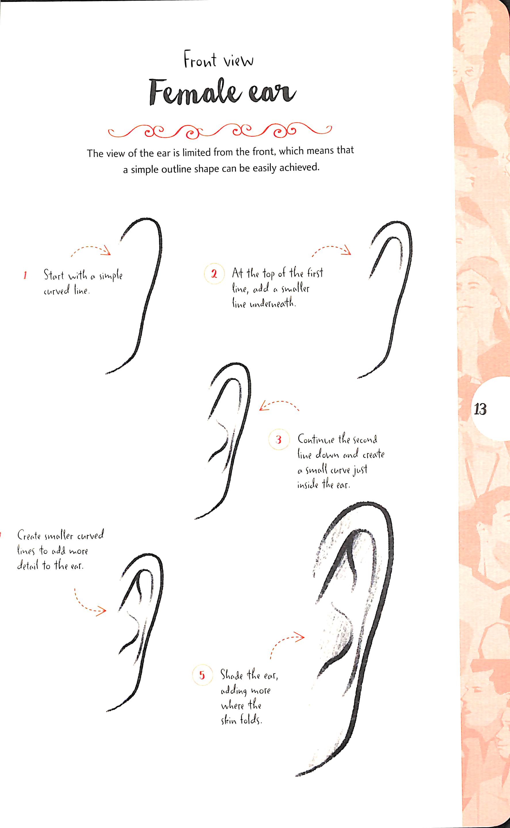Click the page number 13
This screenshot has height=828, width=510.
click(x=480, y=409)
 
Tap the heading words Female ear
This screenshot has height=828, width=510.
click(x=222, y=92)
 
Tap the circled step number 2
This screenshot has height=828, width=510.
click(x=214, y=274)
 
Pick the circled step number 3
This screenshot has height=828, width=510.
click(x=279, y=440)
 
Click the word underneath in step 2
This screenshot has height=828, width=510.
click(x=273, y=304)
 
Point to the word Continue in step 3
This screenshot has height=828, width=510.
click(x=316, y=439)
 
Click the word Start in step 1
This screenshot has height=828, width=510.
click(x=54, y=275)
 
